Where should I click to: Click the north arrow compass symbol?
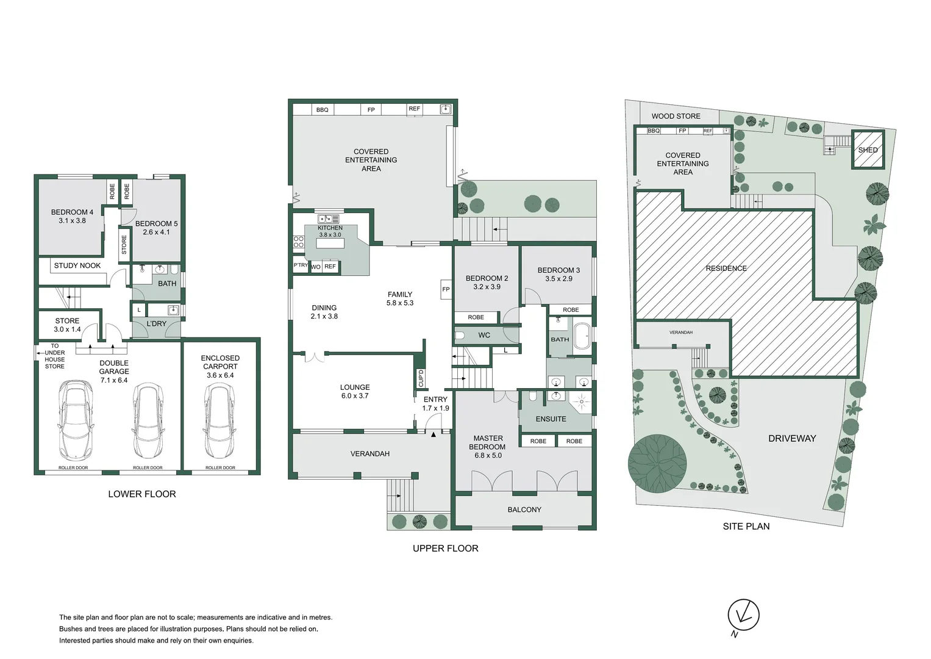(x=743, y=614)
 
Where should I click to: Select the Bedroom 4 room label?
(x=72, y=217)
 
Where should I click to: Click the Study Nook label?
(x=77, y=265)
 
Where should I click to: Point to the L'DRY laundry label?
(x=157, y=323)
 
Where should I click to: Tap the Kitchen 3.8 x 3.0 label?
(x=330, y=231)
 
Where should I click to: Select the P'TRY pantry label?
(x=301, y=266)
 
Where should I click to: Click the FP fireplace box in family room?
(x=446, y=289)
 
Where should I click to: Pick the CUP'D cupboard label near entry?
(x=421, y=378)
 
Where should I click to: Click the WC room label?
(x=484, y=335)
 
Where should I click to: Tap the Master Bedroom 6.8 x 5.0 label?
(x=488, y=447)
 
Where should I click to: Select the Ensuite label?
(x=551, y=419)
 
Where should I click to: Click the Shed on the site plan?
(x=868, y=150)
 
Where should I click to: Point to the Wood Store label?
(x=676, y=116)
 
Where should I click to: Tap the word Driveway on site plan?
(x=791, y=438)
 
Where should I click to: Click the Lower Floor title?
(x=142, y=494)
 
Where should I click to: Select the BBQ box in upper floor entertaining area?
(x=322, y=110)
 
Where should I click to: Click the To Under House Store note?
(x=54, y=356)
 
